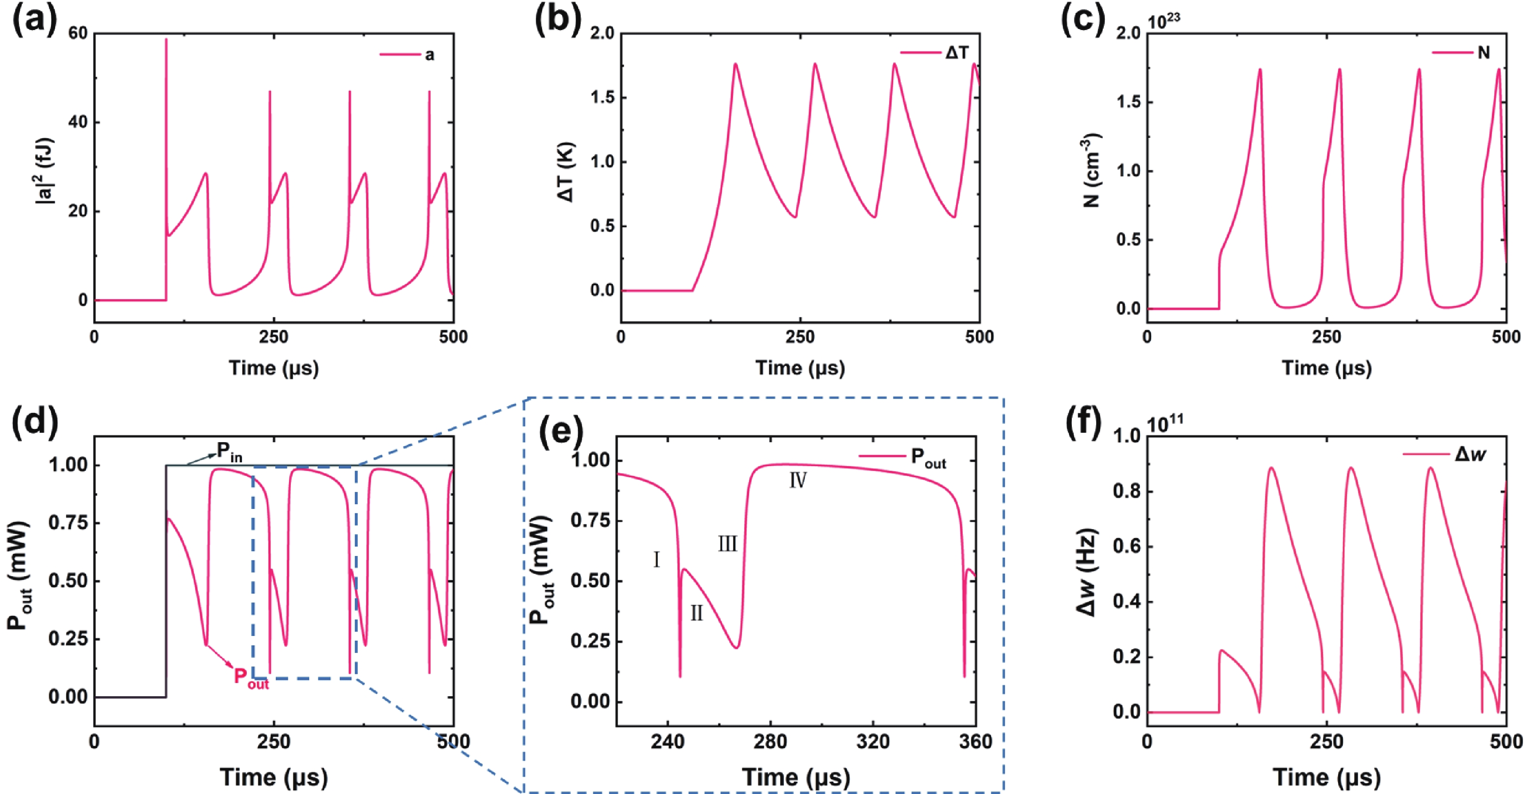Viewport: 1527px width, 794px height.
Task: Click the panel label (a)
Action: coord(35,22)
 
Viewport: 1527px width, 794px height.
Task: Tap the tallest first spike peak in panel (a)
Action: coord(167,40)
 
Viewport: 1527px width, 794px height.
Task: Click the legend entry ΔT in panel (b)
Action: coord(956,53)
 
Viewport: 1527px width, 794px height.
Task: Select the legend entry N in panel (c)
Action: coord(1483,53)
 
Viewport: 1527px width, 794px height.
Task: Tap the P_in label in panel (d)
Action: coord(229,453)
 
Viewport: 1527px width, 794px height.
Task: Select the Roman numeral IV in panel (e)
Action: coord(798,480)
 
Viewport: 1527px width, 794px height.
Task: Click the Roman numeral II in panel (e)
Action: coord(697,613)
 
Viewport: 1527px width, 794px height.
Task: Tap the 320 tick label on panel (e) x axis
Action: coord(873,742)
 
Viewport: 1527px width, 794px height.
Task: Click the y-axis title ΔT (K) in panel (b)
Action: coord(567,172)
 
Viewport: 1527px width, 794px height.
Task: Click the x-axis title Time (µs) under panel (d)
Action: coord(274,777)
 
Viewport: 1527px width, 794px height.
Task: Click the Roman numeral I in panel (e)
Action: coord(656,559)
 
